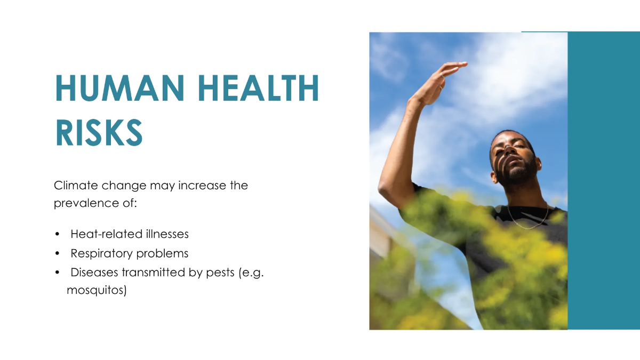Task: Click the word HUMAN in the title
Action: pyautogui.click(x=119, y=87)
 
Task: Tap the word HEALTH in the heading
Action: pyautogui.click(x=258, y=87)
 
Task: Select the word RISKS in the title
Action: pyautogui.click(x=99, y=133)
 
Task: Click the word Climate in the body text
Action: pyautogui.click(x=76, y=186)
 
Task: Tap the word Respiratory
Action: pyautogui.click(x=101, y=254)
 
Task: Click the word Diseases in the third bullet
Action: pyautogui.click(x=94, y=273)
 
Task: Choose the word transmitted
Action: pyautogui.click(x=153, y=273)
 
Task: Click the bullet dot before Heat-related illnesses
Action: pyautogui.click(x=57, y=234)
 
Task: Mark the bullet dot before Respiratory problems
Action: pyautogui.click(x=57, y=253)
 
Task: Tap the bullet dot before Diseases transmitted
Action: pyautogui.click(x=57, y=273)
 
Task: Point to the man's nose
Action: pyautogui.click(x=509, y=150)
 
